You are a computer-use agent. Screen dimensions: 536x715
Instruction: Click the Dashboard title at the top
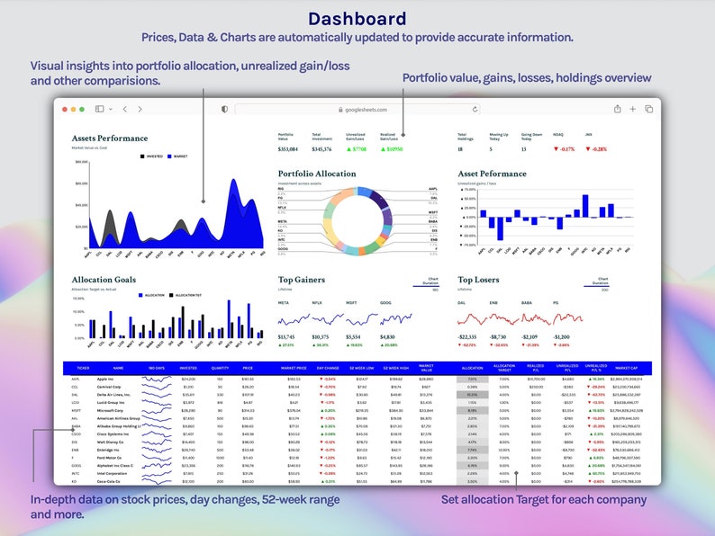pos(357,18)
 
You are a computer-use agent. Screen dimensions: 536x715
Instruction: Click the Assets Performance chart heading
pos(109,138)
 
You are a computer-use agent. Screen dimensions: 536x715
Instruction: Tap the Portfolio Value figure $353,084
pos(287,149)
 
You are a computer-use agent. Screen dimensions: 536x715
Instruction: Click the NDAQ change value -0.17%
pos(565,149)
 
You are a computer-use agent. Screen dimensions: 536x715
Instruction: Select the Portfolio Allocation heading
pos(316,174)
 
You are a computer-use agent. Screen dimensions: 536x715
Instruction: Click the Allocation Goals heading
pos(104,280)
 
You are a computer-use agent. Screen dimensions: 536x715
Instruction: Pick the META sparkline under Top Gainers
pos(293,319)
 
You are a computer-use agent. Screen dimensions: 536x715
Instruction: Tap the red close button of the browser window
pos(66,109)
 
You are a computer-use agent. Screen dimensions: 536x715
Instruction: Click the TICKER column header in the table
pos(83,368)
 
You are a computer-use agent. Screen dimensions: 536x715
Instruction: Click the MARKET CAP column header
pos(626,368)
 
